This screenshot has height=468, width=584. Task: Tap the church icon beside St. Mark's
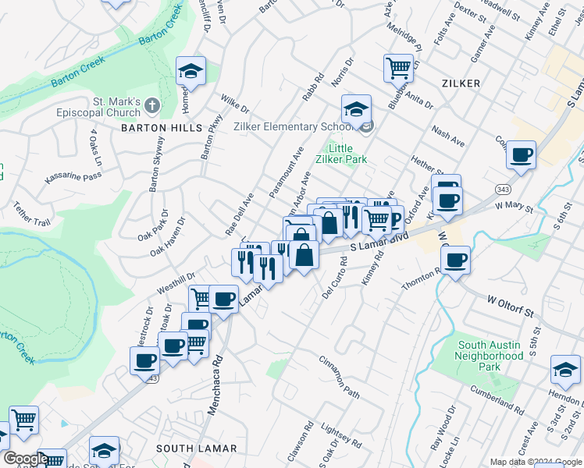[151, 105]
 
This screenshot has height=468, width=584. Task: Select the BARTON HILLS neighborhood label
[161, 127]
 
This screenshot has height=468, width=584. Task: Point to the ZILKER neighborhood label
[460, 83]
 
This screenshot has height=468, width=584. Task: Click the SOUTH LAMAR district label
[191, 448]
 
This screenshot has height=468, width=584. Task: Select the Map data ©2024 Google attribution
[535, 462]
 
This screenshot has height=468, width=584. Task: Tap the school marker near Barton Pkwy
[191, 72]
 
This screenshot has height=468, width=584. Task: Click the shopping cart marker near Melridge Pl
[398, 69]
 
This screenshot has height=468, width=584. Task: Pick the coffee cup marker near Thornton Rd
[455, 260]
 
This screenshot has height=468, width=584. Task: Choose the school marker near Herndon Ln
[565, 369]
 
